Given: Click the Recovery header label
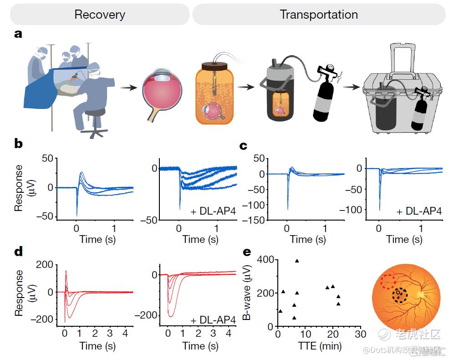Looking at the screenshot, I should (99, 15).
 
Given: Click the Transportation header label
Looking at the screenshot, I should (319, 15).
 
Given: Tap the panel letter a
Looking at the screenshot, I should (19, 34).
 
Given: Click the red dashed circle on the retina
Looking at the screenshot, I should (388, 282).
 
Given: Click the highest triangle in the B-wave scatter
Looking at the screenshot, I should (297, 261).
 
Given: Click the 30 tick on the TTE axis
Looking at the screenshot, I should (360, 334).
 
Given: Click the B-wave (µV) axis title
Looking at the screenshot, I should (248, 293).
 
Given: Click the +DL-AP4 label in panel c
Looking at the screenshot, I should (419, 211).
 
